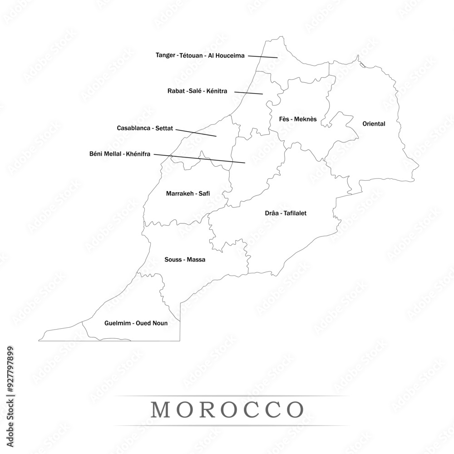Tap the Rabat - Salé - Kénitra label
tap(197, 91)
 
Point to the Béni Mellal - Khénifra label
tap(120, 153)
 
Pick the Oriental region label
tap(374, 123)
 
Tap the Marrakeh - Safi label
tap(188, 193)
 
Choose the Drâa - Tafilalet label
tap(286, 213)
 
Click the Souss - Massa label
tap(184, 260)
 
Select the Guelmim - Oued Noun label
tap(136, 323)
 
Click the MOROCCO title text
tap(227, 410)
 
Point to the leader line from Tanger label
tap(262, 57)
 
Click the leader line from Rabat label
tap(248, 93)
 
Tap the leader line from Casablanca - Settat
tap(196, 133)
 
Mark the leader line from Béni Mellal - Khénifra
tap(199, 158)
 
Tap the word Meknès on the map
tap(305, 119)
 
